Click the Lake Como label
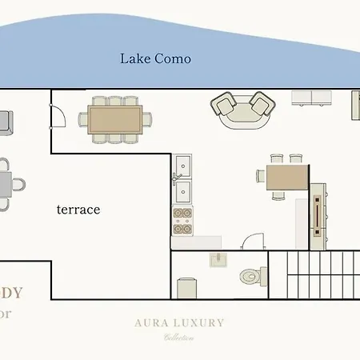click(155, 58)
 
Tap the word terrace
click(78, 210)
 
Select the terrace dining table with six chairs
click(114, 120)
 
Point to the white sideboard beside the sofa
click(312, 98)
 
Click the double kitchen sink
click(181, 178)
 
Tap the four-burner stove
click(182, 220)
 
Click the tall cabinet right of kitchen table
click(318, 213)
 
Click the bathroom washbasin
click(219, 258)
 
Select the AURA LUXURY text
click(179, 323)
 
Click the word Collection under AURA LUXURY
click(179, 338)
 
